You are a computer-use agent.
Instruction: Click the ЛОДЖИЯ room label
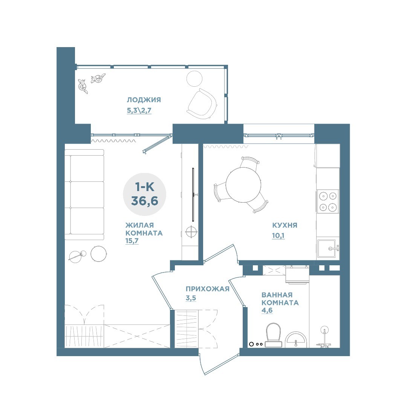(144, 99)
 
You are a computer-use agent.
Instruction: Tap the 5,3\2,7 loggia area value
(139, 110)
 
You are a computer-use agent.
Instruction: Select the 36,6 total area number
(145, 200)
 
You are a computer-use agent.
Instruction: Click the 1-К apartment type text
(145, 187)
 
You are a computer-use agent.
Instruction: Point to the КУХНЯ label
(285, 225)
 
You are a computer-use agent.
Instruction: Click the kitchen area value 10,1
(278, 236)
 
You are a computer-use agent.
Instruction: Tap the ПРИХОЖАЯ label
(207, 289)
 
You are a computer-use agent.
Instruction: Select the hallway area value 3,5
(191, 298)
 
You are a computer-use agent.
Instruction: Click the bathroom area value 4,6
(267, 311)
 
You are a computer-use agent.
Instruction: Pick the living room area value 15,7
(132, 241)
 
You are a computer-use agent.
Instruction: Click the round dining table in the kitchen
(243, 185)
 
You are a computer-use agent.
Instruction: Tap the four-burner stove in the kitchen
(327, 201)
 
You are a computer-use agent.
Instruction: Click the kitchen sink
(327, 248)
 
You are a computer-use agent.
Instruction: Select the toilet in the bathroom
(273, 335)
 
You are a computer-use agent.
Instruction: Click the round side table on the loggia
(194, 79)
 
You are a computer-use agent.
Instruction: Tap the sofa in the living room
(84, 195)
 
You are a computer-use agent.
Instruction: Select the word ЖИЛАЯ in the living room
(140, 225)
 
